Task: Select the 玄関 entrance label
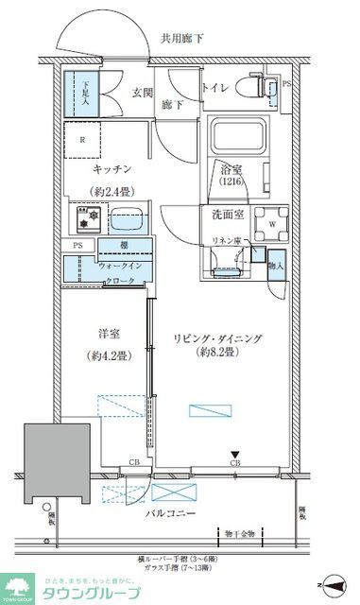(143, 92)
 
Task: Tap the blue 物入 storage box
(276, 260)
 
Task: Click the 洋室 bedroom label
(110, 333)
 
